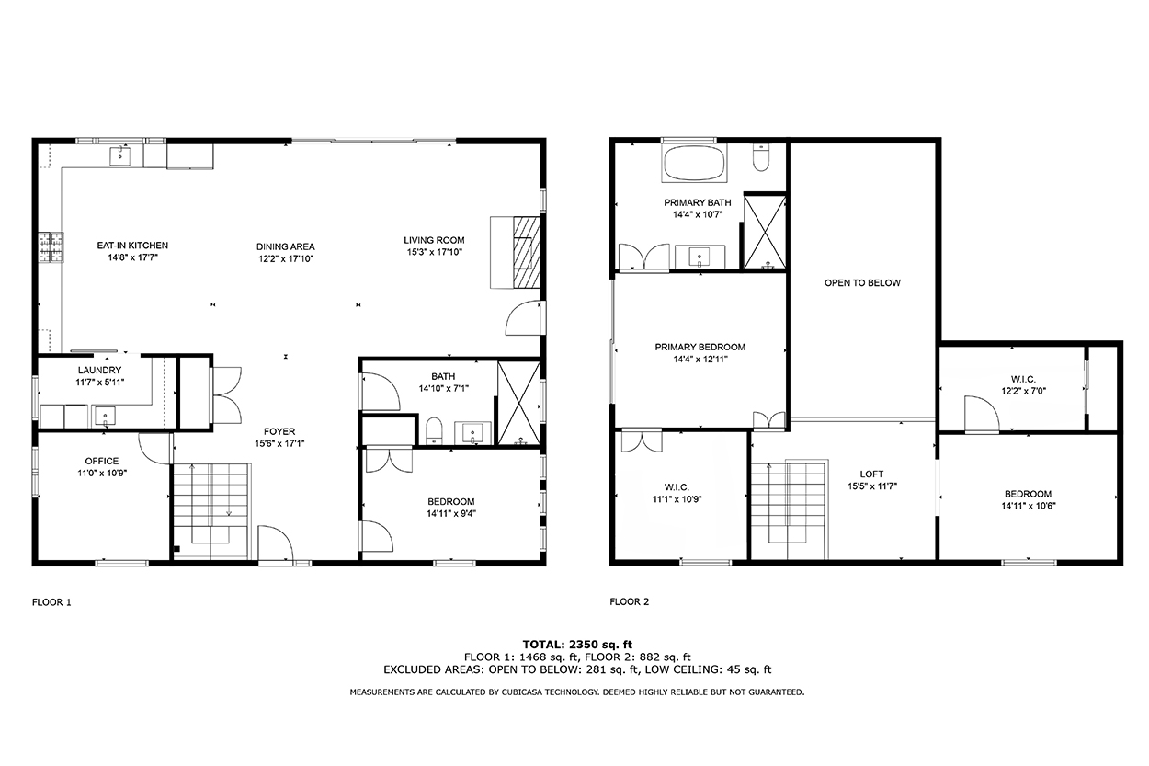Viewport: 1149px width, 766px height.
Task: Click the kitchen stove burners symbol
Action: [51, 247]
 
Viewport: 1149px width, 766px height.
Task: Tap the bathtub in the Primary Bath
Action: [695, 163]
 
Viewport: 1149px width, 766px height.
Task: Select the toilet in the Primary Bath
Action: [761, 157]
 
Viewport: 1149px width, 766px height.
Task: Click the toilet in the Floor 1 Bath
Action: [434, 431]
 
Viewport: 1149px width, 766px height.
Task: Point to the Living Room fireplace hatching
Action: [527, 252]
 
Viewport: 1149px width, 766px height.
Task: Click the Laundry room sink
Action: [105, 416]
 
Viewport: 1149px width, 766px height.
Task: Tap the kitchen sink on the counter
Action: [120, 156]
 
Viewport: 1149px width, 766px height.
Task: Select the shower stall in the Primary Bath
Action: [765, 232]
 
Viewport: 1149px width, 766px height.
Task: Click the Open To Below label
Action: [862, 282]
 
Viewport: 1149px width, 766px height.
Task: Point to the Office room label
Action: [102, 462]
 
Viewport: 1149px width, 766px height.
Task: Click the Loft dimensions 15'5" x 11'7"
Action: [872, 486]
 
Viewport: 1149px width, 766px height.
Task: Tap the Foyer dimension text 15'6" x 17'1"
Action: [279, 444]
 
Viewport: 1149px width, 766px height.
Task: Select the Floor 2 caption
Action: [630, 601]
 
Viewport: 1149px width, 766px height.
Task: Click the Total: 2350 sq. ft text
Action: [577, 645]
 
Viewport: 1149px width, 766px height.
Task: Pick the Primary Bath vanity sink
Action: [700, 257]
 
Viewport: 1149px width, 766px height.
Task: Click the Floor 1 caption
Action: [51, 602]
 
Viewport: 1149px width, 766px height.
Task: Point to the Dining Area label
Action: [286, 246]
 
